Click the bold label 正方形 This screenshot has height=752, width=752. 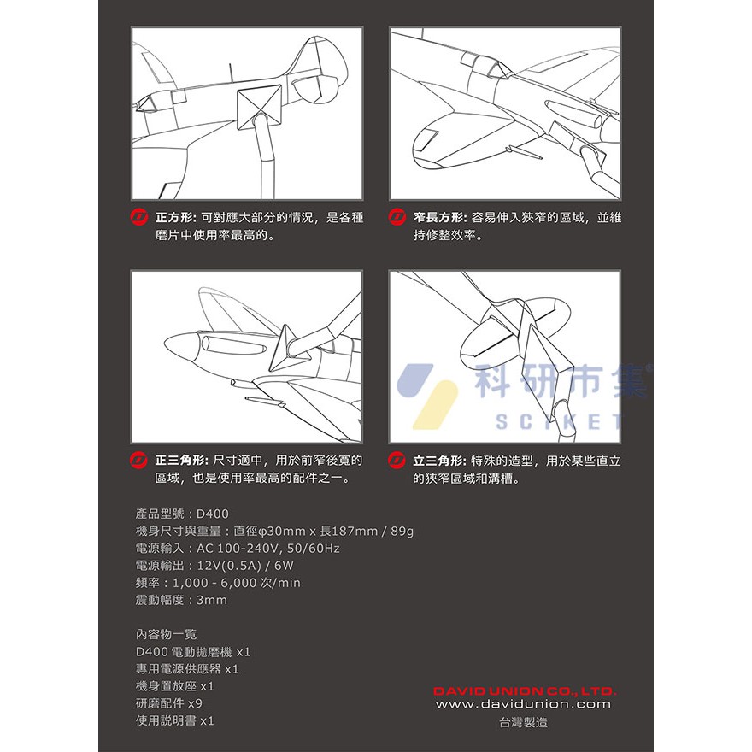tap(176, 217)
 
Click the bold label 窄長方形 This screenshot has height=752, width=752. tap(438, 217)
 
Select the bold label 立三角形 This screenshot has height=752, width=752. tap(438, 461)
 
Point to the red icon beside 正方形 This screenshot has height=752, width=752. tap(141, 217)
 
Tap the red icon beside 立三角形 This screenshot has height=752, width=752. tap(396, 461)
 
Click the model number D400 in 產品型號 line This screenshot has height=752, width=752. tap(213, 514)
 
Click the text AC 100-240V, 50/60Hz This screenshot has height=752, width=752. tap(269, 549)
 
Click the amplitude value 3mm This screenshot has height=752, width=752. tap(212, 600)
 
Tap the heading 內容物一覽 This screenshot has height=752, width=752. tap(166, 634)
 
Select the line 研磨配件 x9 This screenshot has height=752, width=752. tap(169, 703)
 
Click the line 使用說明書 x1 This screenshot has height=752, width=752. tap(175, 720)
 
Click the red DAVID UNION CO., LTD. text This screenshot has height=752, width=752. tap(524, 690)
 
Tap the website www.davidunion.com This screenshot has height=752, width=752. tap(524, 704)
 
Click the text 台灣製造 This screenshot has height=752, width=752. tap(523, 722)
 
